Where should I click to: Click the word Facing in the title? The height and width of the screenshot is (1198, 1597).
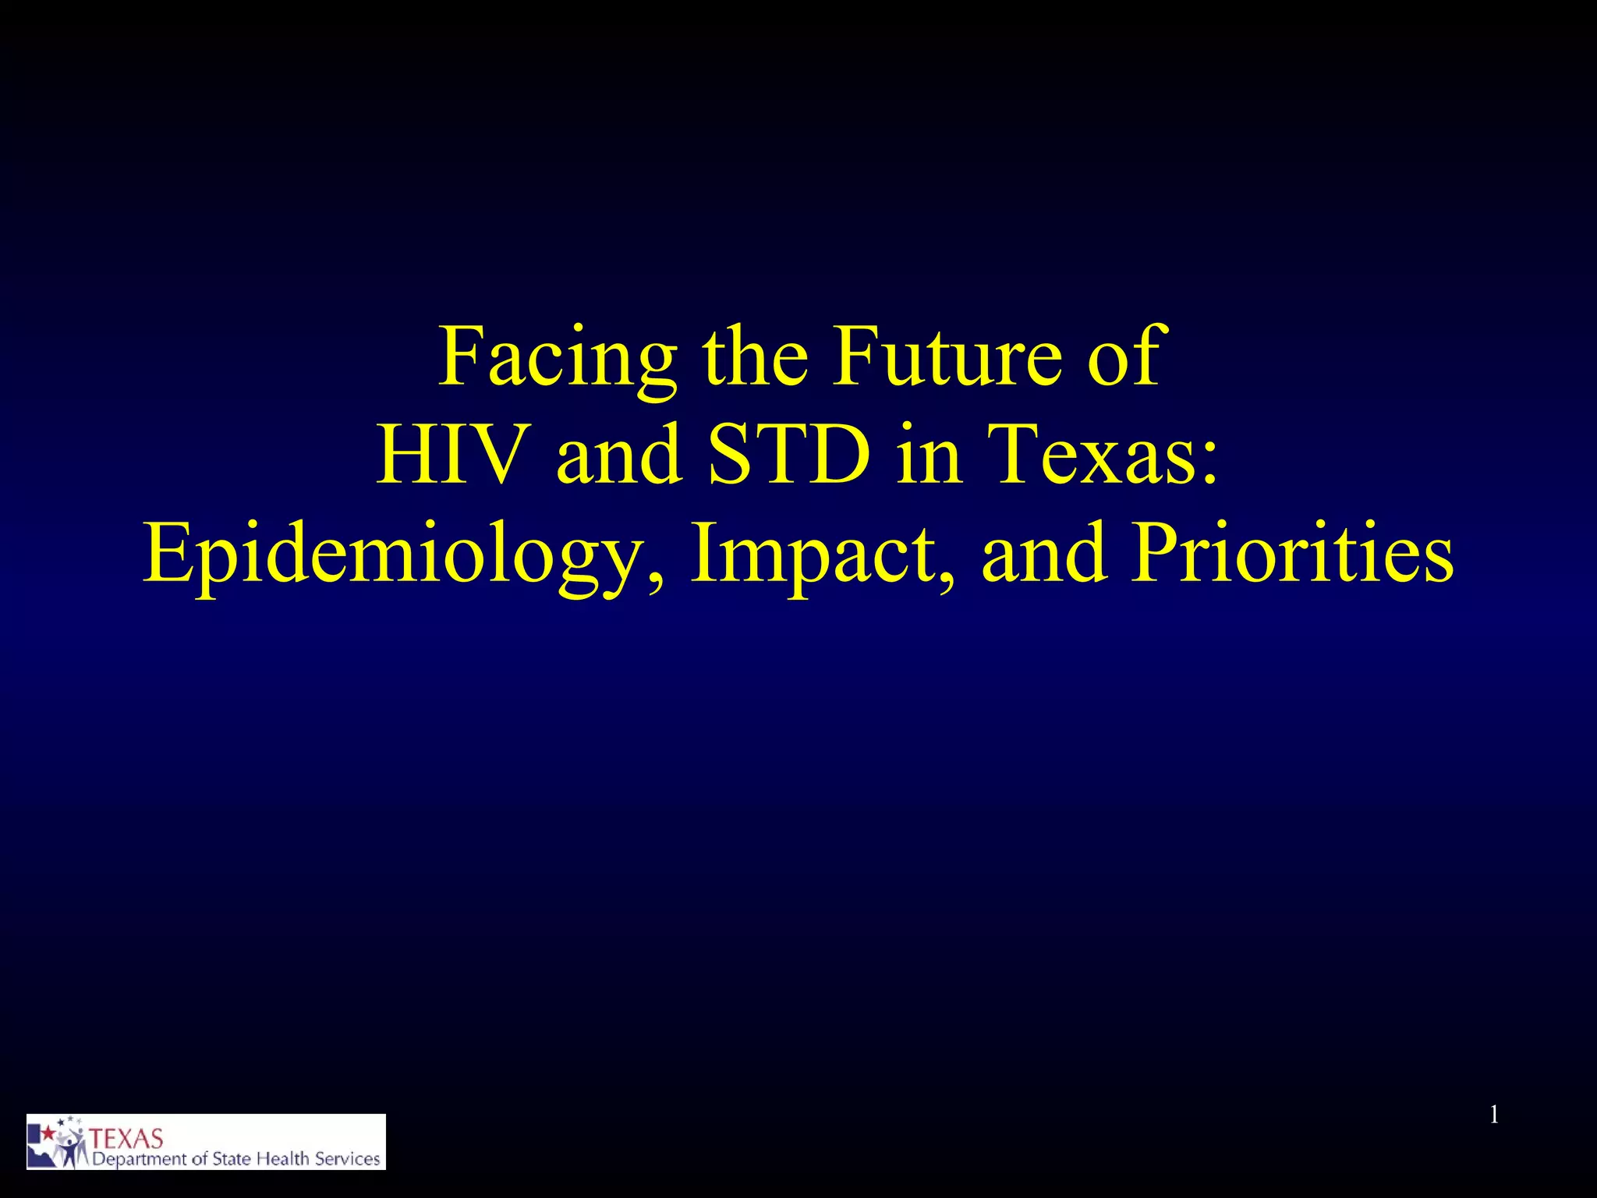(557, 359)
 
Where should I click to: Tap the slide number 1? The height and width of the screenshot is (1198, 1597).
(1494, 1115)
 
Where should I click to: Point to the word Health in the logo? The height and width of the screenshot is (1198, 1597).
(283, 1159)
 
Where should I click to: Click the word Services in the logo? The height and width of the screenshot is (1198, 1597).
(347, 1159)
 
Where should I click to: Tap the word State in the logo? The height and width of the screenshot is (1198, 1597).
(231, 1159)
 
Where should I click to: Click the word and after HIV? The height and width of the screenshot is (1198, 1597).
(619, 455)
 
